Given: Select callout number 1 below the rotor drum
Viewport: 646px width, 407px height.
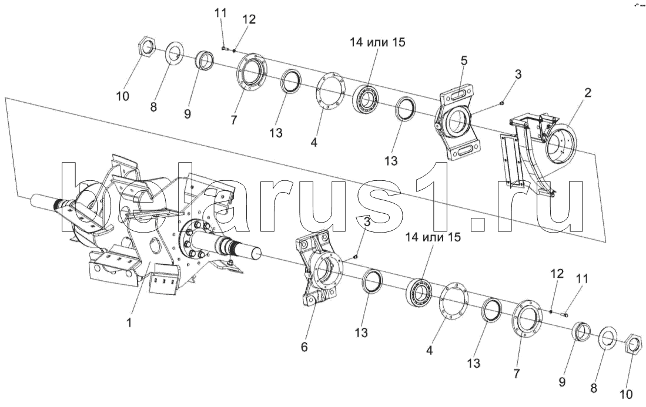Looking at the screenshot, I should (x=129, y=322).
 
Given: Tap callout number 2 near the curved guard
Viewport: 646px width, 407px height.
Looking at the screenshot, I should (x=588, y=92).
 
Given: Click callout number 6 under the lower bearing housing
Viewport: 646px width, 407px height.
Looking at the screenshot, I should (x=304, y=347).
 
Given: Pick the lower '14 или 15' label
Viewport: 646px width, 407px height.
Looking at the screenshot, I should (x=433, y=237).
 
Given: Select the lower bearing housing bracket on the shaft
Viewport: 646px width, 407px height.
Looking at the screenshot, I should (x=320, y=268).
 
